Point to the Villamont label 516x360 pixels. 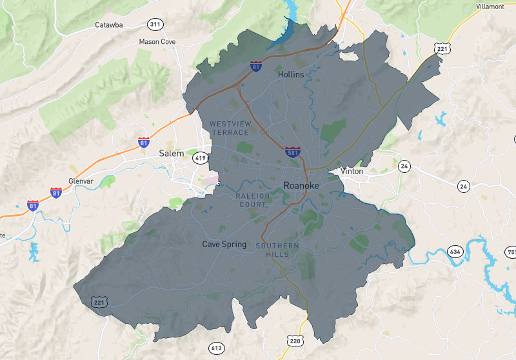coord(490,6)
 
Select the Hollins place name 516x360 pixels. coord(290,75)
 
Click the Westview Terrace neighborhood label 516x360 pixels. coord(229,128)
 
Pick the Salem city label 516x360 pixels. coord(171,154)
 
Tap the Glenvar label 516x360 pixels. coord(81,181)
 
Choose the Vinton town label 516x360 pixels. coord(352,172)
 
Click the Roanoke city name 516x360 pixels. coord(301,186)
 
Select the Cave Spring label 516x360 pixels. coord(224,245)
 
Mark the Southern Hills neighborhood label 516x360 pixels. coord(277,250)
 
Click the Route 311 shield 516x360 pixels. coord(155,25)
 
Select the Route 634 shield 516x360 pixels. coord(456,251)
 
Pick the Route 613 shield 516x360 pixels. coord(216,348)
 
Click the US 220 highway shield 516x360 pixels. coord(295,341)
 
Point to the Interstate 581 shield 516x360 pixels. coord(292,152)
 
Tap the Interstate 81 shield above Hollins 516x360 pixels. coord(256,66)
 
